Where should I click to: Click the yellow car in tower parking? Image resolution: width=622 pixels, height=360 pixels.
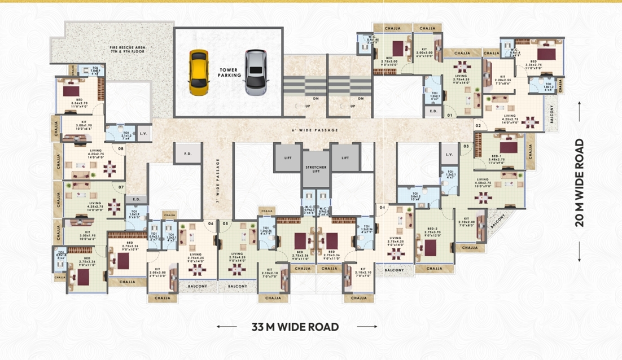pyautogui.click(x=198, y=72)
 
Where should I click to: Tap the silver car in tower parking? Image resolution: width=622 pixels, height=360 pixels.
pyautogui.click(x=256, y=72)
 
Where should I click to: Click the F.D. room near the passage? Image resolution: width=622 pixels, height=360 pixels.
pyautogui.click(x=188, y=153)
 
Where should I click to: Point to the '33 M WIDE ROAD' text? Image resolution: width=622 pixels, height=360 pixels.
pyautogui.click(x=295, y=327)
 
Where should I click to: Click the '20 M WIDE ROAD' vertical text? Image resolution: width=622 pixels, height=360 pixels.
pyautogui.click(x=579, y=182)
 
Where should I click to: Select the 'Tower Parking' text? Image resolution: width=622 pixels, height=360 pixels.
pyautogui.click(x=230, y=72)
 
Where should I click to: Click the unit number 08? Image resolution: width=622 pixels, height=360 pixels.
pyautogui.click(x=121, y=149)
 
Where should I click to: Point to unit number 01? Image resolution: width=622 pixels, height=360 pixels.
pyautogui.click(x=450, y=115)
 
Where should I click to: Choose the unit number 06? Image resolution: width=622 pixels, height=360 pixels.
pyautogui.click(x=211, y=223)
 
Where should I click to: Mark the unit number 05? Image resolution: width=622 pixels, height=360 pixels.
pyautogui.click(x=225, y=223)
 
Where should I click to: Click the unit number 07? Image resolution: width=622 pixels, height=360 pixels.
pyautogui.click(x=121, y=186)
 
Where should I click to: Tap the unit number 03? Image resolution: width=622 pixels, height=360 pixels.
pyautogui.click(x=466, y=146)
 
